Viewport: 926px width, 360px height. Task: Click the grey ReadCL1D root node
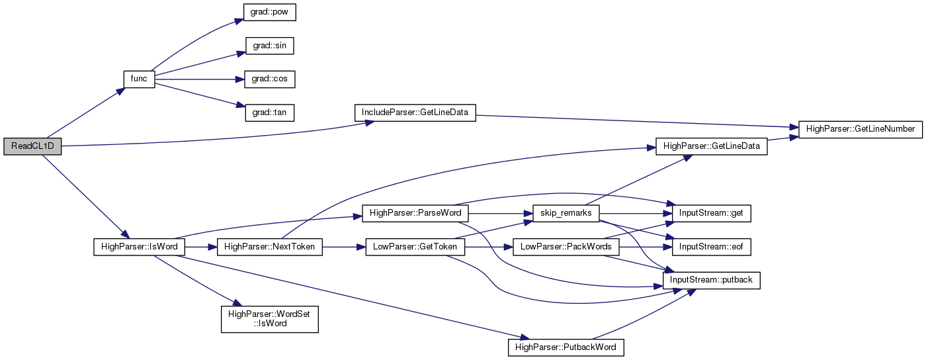[32, 146]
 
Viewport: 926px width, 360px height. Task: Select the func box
[139, 79]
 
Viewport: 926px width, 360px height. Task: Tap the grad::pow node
[269, 12]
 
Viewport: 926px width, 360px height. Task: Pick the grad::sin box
[270, 46]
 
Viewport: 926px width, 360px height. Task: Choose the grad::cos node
[270, 79]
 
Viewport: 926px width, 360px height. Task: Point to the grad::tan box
[270, 112]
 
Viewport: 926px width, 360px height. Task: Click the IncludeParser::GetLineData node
[415, 112]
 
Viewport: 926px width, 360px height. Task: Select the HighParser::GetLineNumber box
[861, 130]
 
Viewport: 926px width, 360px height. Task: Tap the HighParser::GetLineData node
[712, 146]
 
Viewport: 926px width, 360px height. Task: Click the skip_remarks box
[566, 214]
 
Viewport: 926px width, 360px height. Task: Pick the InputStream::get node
[711, 214]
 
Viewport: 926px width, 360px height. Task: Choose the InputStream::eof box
[711, 247]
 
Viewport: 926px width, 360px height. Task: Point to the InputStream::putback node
[711, 280]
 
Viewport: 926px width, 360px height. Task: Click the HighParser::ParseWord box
[415, 214]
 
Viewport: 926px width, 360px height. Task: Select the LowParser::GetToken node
[415, 247]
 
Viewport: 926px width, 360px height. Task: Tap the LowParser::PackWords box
[566, 247]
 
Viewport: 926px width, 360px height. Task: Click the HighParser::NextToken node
[270, 247]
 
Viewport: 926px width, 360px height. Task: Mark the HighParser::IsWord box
[140, 247]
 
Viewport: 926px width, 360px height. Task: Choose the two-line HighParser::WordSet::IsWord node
[270, 319]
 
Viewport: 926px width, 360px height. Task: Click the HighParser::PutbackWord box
[566, 347]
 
